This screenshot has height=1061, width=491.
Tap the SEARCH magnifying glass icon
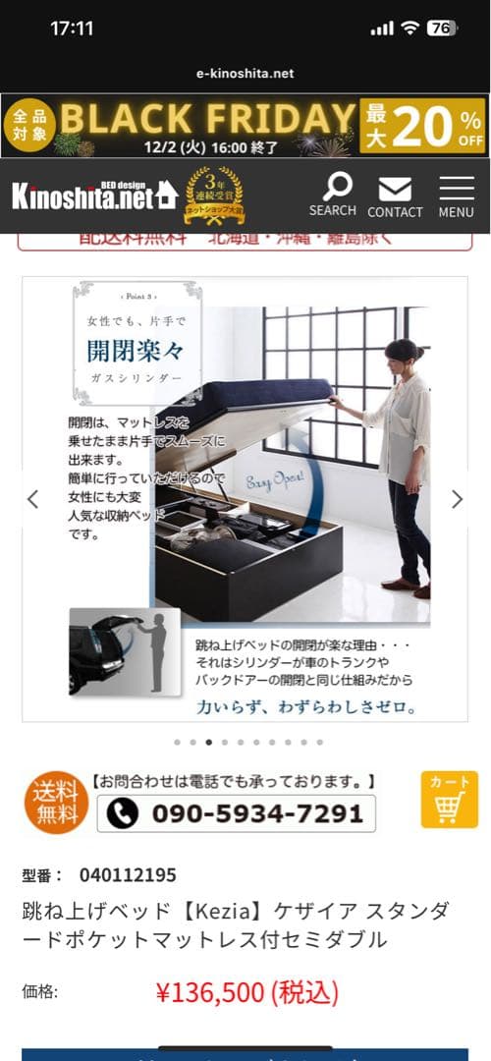pyautogui.click(x=337, y=186)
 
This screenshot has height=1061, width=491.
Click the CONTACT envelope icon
pyautogui.click(x=395, y=189)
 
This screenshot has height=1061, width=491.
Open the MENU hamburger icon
pyautogui.click(x=457, y=189)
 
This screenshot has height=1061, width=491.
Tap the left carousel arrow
pyautogui.click(x=33, y=499)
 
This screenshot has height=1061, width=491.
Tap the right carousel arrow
pyautogui.click(x=457, y=499)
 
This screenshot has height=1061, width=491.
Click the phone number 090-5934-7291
pyautogui.click(x=236, y=813)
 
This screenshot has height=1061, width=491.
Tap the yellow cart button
pyautogui.click(x=449, y=800)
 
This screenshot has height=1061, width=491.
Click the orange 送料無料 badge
pyautogui.click(x=56, y=802)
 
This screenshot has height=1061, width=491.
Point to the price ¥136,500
pyautogui.click(x=245, y=993)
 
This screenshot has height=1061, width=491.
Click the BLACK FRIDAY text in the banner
pyautogui.click(x=206, y=118)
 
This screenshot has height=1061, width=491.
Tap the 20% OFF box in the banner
pyautogui.click(x=423, y=126)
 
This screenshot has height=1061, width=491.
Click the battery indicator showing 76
pyautogui.click(x=441, y=28)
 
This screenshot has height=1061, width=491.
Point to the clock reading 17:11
pyautogui.click(x=72, y=28)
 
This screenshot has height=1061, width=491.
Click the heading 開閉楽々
pyautogui.click(x=135, y=351)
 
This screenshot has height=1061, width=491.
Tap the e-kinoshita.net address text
pyautogui.click(x=245, y=74)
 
